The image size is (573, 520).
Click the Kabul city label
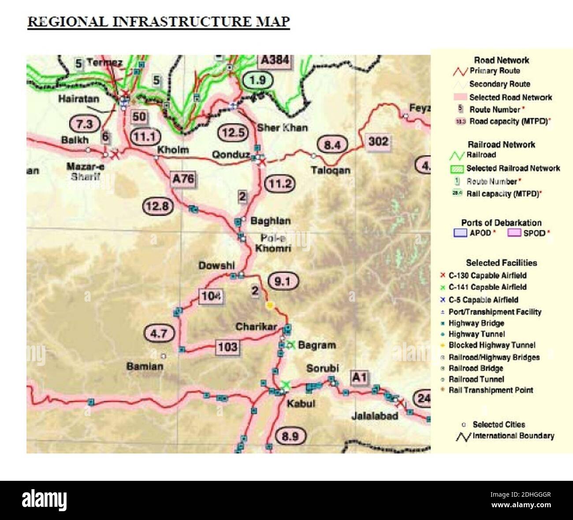(x=301, y=403)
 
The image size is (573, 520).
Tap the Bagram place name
(x=316, y=345)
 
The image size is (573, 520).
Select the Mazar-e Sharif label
(x=85, y=171)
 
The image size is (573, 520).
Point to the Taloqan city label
(x=331, y=170)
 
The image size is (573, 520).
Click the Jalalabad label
(x=375, y=416)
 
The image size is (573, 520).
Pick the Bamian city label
(x=145, y=366)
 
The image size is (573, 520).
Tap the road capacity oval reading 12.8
(x=158, y=206)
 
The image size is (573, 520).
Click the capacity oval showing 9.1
(x=283, y=281)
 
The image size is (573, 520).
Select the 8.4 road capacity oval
(x=332, y=145)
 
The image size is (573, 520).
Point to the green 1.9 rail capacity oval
(x=258, y=80)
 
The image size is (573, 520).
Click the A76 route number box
(x=183, y=178)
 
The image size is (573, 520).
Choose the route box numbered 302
(x=378, y=141)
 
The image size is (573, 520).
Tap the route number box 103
(x=227, y=347)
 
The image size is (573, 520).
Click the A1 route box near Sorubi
(x=359, y=377)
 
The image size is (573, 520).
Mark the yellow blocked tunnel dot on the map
(x=270, y=305)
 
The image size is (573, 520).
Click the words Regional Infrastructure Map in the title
(x=159, y=22)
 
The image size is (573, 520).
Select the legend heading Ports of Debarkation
(x=501, y=222)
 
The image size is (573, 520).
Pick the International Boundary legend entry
(x=513, y=435)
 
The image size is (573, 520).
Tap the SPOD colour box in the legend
(x=514, y=232)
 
